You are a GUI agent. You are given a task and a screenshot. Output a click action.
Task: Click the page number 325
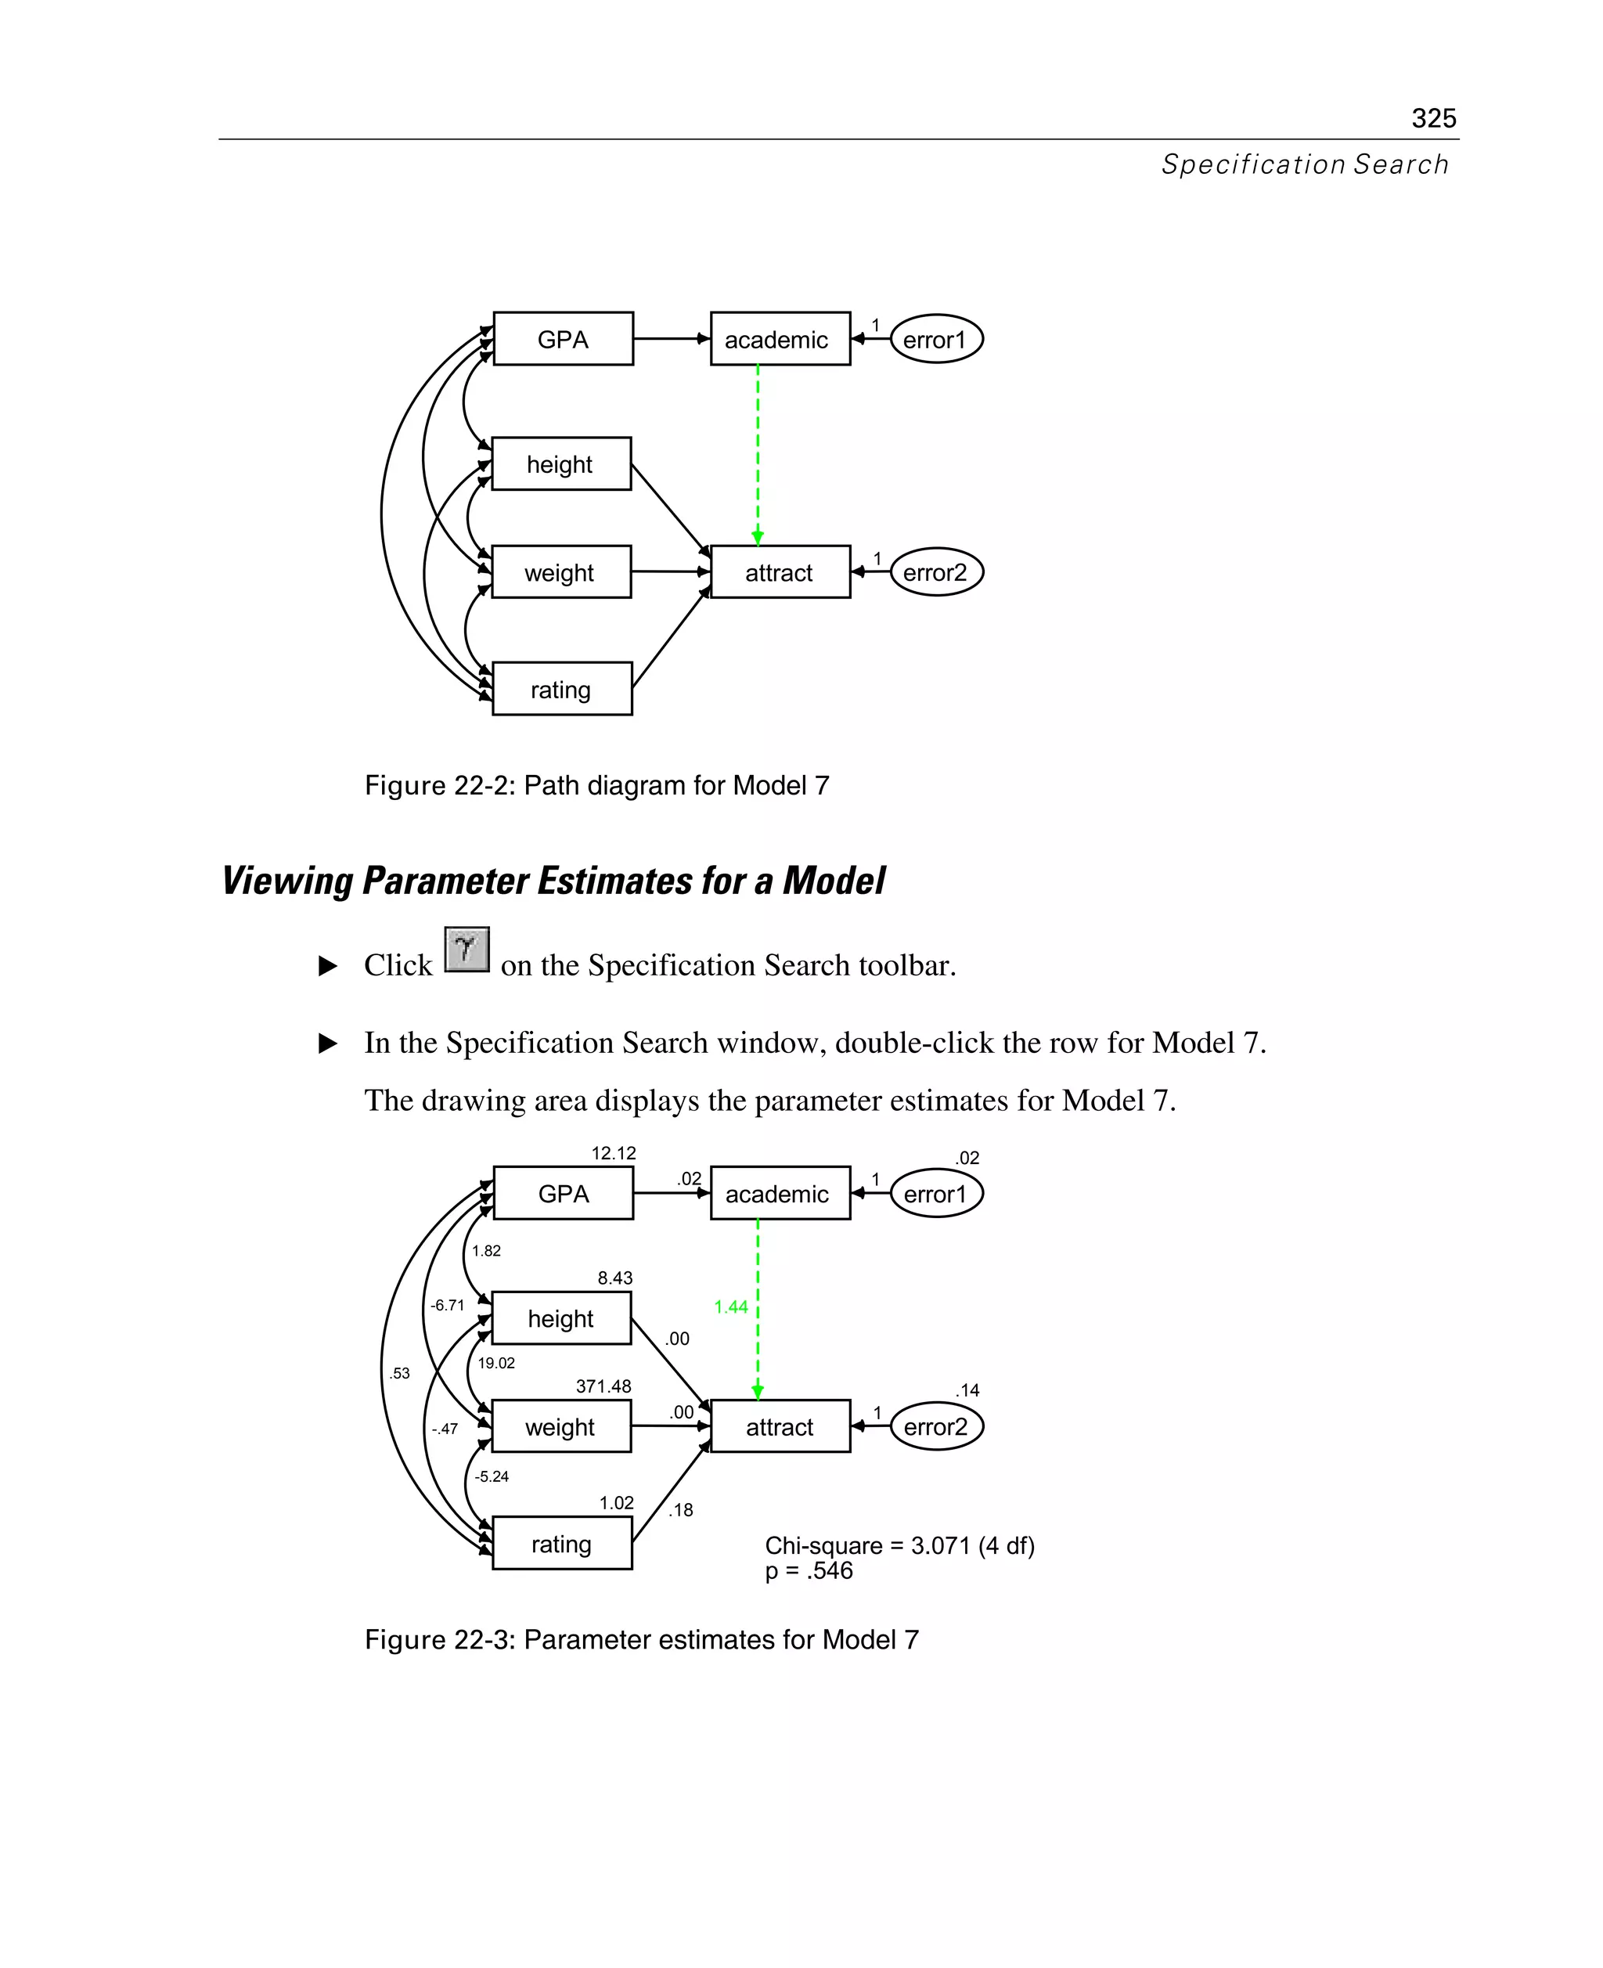(x=1433, y=118)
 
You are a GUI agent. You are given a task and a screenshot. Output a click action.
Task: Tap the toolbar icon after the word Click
(x=466, y=950)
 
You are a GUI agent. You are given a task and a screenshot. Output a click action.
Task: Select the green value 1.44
(x=730, y=1307)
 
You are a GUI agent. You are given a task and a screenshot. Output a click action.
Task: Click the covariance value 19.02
(x=496, y=1363)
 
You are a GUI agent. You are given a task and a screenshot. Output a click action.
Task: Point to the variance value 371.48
(x=603, y=1386)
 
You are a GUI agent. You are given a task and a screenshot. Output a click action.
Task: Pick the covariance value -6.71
(x=447, y=1305)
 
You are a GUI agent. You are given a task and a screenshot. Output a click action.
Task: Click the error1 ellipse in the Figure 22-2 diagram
(x=935, y=339)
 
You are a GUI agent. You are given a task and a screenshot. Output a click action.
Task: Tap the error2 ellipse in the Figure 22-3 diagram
(x=936, y=1427)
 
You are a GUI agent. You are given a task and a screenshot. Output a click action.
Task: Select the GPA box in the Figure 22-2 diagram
(x=562, y=339)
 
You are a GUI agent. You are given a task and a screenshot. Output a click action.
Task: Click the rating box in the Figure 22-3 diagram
(x=561, y=1544)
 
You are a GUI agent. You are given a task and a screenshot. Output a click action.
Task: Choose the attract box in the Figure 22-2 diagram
(x=780, y=572)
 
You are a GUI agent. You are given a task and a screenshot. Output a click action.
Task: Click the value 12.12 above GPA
(x=613, y=1153)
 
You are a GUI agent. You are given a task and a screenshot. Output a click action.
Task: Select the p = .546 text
(x=808, y=1571)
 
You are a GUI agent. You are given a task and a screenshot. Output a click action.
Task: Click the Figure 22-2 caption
(x=596, y=785)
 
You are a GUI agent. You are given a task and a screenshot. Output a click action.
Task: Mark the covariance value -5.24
(x=492, y=1476)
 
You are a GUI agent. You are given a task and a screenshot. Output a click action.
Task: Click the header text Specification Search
(x=1304, y=164)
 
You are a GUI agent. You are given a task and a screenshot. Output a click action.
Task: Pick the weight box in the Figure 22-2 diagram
(x=560, y=572)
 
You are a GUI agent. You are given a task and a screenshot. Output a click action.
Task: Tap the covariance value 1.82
(x=486, y=1252)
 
